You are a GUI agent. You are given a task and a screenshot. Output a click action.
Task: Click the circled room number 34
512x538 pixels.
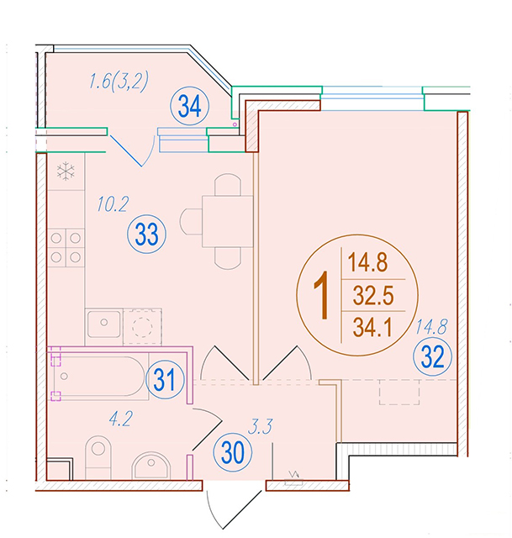(190, 107)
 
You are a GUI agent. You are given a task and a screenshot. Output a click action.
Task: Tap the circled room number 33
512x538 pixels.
(146, 235)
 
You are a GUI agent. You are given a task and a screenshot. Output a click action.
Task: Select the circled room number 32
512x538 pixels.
(432, 356)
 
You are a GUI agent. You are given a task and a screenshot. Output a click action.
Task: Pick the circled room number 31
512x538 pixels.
(165, 379)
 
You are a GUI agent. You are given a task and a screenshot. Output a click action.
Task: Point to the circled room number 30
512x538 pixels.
(232, 452)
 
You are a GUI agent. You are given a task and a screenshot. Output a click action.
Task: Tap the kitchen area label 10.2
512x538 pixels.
(113, 203)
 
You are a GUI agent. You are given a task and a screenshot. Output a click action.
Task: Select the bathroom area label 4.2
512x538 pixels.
(120, 419)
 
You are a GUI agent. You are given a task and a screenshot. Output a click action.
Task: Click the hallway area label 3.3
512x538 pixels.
(260, 427)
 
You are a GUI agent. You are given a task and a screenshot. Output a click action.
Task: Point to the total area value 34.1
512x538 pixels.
(372, 327)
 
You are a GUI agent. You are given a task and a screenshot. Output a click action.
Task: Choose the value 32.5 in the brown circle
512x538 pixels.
(373, 295)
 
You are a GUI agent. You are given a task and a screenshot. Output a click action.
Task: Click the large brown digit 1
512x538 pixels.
(322, 295)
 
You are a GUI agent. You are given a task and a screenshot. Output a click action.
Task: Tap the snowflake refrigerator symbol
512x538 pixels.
(66, 171)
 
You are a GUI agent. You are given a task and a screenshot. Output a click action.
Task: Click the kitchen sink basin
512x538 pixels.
(104, 324)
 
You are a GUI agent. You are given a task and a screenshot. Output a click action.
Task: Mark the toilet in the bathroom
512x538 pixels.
(98, 457)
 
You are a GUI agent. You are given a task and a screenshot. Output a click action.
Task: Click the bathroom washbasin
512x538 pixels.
(151, 465)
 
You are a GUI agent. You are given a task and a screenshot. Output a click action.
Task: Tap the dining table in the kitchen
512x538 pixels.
(228, 221)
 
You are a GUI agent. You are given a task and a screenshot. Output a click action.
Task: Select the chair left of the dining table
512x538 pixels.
(191, 222)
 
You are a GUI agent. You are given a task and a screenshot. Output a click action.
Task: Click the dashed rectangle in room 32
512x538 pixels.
(399, 393)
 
